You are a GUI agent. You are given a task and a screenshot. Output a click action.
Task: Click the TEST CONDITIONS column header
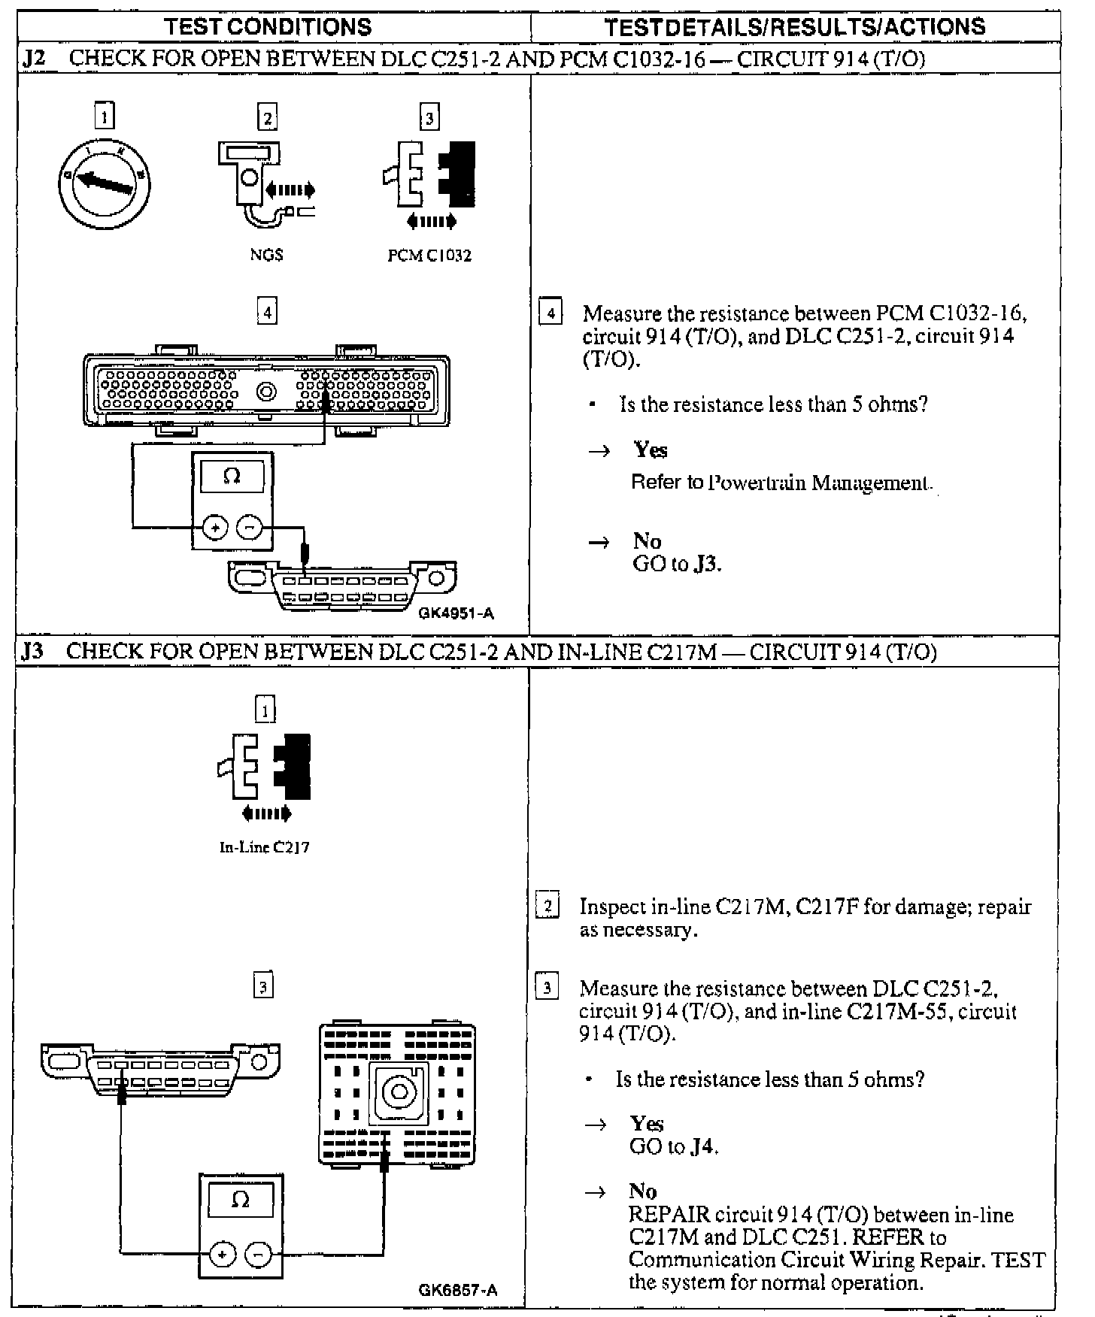click(268, 27)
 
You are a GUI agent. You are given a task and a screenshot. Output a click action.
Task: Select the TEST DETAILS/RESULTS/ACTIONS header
click(795, 27)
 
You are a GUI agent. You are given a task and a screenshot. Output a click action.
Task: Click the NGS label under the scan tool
click(266, 255)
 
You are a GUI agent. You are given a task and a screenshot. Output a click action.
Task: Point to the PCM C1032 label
click(429, 256)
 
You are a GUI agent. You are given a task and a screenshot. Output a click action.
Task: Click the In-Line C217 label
click(264, 847)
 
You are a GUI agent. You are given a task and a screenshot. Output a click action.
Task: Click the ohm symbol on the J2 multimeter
click(232, 477)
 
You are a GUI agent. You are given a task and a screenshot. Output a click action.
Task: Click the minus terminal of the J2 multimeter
click(250, 528)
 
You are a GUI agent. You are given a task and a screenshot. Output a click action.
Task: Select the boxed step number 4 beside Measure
click(551, 312)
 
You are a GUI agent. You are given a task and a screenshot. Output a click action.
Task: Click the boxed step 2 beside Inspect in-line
click(547, 907)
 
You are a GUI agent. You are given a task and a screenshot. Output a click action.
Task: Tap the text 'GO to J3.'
click(677, 565)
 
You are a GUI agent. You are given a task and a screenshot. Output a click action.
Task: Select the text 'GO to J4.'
click(673, 1147)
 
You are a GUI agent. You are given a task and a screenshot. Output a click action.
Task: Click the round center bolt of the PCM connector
click(266, 392)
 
